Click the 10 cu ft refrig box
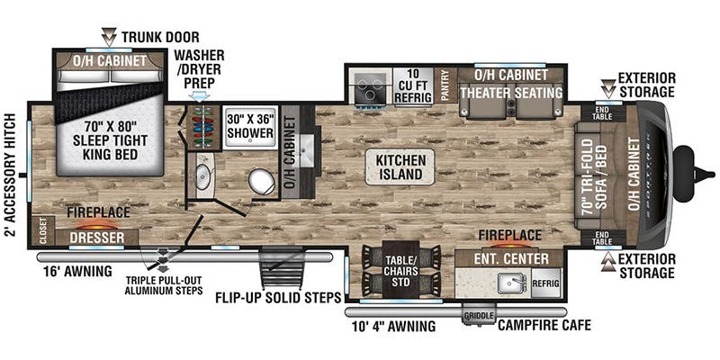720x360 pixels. tap(413, 85)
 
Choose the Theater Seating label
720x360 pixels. tap(512, 93)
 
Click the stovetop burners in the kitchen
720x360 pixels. tap(369, 86)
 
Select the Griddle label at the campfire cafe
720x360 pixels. tap(477, 315)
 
